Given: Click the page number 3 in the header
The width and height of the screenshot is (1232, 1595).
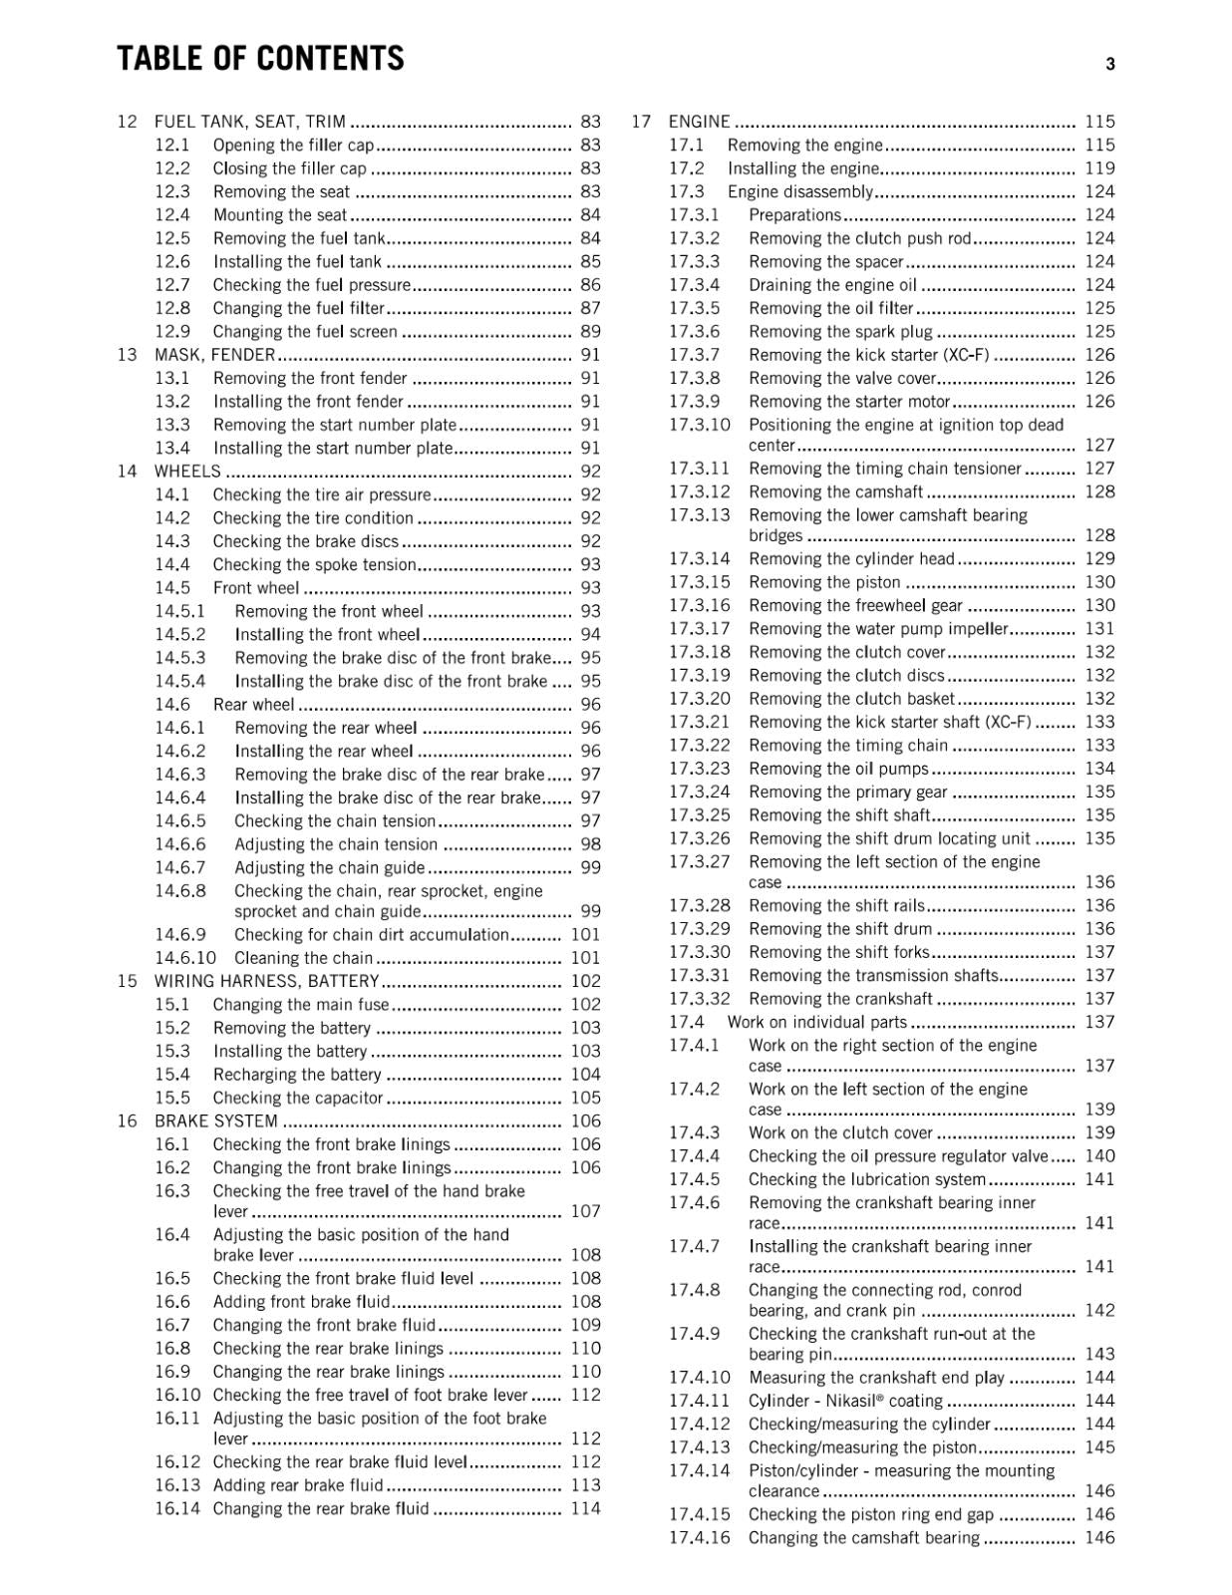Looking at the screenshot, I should pos(1109,65).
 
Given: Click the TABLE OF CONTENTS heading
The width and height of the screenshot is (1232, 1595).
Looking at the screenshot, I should pos(260,59).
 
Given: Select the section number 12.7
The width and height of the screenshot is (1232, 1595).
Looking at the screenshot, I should pos(172,285).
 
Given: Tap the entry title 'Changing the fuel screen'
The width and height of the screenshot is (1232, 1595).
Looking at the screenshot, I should pos(305,332).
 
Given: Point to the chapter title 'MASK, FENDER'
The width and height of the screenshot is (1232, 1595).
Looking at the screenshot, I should pos(214,355).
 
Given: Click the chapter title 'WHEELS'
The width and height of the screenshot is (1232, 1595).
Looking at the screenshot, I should pos(187,472).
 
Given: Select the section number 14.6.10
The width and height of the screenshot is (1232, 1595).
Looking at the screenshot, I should pos(185,958).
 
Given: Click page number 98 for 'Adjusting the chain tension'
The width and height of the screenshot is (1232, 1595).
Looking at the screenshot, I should pos(590,844).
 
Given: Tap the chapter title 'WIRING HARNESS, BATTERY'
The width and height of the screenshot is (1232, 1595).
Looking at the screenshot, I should pos(266,981).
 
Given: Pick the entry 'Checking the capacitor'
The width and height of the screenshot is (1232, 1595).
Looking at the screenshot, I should pos(298,1098).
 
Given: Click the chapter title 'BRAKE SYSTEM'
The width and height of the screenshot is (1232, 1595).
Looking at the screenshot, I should pos(215,1121).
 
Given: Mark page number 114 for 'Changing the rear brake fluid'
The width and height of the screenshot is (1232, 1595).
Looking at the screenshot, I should pos(586,1508).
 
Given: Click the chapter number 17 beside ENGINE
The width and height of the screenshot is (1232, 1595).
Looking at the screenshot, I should pos(641,122).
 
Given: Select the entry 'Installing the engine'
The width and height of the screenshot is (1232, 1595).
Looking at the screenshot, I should pos(803,168).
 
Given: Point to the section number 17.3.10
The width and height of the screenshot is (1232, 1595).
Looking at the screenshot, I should pos(699,425).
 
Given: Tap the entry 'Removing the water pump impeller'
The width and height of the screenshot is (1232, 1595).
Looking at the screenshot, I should pos(879,629).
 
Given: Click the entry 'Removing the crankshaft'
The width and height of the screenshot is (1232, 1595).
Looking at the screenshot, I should pos(840,999).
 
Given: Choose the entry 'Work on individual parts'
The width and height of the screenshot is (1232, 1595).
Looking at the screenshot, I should pos(817,1022).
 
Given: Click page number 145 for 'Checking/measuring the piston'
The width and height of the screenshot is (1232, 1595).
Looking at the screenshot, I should pos(1099,1447).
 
